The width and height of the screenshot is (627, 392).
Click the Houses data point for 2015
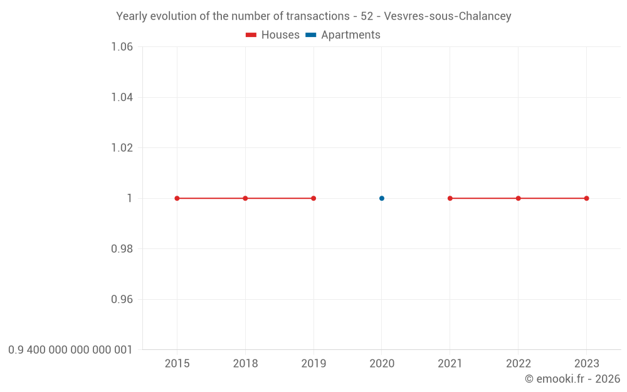(x=177, y=198)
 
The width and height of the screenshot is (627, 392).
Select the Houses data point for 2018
(x=245, y=198)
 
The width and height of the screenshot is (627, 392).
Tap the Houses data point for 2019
(x=313, y=198)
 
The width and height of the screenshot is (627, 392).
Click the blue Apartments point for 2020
(x=382, y=198)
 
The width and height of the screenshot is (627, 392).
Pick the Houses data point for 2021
(x=450, y=198)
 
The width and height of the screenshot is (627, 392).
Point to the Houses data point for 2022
(x=519, y=198)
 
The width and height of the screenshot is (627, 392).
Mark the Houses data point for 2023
(x=586, y=198)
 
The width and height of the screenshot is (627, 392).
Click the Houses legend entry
(x=273, y=35)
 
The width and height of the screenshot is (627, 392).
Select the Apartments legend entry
(x=343, y=35)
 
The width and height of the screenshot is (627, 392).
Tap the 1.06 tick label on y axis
(x=122, y=47)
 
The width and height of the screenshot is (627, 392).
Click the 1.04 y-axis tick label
(x=122, y=97)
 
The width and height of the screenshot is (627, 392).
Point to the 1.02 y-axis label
(x=122, y=148)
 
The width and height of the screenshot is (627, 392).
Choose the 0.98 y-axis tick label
(x=122, y=249)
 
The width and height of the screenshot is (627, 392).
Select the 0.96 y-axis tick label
(x=122, y=299)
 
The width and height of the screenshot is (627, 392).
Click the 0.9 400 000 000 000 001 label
(x=70, y=349)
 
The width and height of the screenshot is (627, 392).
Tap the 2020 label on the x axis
(x=382, y=363)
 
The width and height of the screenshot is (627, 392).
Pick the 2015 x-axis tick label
(x=177, y=363)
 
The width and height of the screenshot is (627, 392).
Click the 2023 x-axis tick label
(x=586, y=363)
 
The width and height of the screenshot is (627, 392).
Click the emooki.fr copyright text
(x=572, y=379)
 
